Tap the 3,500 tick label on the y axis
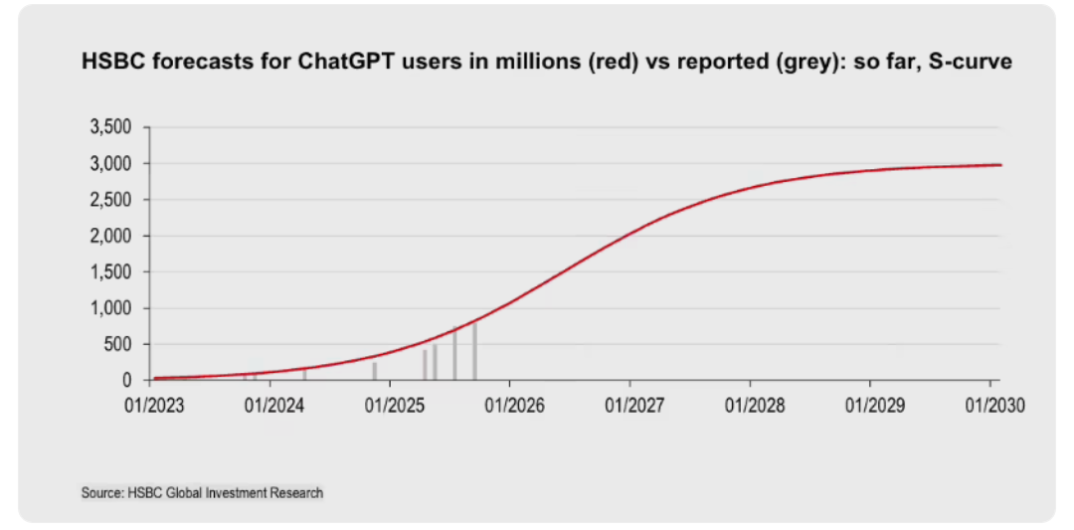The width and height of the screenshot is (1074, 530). coord(111,127)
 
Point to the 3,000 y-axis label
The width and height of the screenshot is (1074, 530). coord(111,164)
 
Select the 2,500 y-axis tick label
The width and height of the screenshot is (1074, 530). coord(111,200)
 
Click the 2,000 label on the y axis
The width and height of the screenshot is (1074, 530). coord(111,236)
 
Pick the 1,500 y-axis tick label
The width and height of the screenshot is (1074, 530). coord(111,271)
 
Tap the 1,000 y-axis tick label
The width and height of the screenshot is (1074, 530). coord(111,308)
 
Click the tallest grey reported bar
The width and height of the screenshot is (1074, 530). coord(475,353)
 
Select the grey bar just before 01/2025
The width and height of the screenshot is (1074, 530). coord(375,371)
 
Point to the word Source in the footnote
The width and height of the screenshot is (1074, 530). coord(101,492)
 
